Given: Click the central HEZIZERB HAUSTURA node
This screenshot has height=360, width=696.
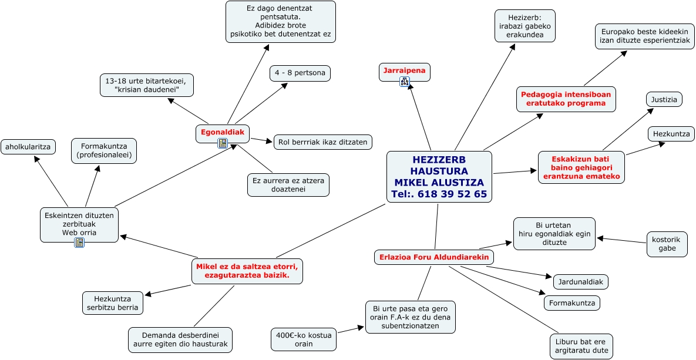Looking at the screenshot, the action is (x=439, y=177).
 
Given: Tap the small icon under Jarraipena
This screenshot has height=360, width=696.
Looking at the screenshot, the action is (x=404, y=81).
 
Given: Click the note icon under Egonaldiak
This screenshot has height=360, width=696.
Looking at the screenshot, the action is (x=223, y=143).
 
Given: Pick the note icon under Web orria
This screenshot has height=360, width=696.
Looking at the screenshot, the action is (x=79, y=242).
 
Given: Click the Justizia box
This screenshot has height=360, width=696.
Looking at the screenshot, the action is (x=664, y=99).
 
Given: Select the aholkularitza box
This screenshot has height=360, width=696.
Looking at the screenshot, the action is (x=28, y=146).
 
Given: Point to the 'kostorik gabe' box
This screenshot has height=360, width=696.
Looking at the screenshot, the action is (x=667, y=244).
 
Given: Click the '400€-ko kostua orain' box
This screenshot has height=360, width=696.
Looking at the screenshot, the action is (x=304, y=339).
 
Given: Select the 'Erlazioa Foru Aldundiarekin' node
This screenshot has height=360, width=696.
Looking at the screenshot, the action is (x=433, y=257).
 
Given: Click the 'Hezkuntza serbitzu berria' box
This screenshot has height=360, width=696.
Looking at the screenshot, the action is (x=113, y=302).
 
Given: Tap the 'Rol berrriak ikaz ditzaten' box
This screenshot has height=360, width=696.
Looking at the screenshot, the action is (x=323, y=142).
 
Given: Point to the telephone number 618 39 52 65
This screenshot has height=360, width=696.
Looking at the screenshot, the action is (x=452, y=194).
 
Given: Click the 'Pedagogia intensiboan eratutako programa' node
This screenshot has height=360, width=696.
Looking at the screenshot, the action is (x=566, y=99).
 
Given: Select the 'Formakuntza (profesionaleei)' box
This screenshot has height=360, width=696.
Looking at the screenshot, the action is (x=104, y=151).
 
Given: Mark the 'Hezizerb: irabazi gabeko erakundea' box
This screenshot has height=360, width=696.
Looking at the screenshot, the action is (x=525, y=26).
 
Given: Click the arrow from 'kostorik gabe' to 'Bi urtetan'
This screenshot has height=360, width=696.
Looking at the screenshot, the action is (x=621, y=241).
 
